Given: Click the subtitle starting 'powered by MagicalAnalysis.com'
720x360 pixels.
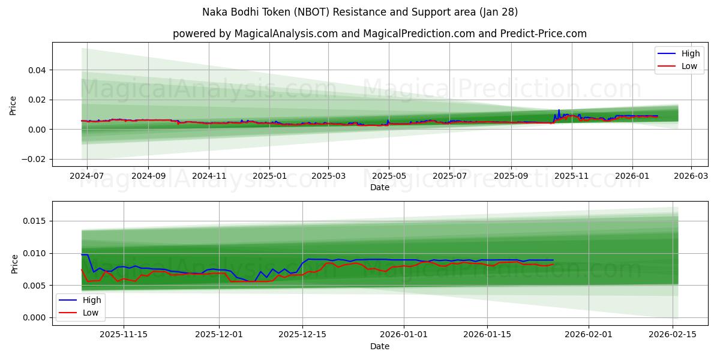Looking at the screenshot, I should coord(380,34).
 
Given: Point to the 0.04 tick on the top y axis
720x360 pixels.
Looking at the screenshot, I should coord(37,70).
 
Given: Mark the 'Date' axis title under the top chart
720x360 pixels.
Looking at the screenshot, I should coord(380,188).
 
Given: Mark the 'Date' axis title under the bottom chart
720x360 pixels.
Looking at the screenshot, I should coord(380,346).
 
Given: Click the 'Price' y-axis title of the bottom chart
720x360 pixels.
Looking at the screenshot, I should coord(14,263).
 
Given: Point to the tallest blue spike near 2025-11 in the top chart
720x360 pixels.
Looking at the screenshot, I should coord(559,110).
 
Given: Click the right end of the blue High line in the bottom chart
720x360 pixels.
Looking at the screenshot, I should coord(553,260).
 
